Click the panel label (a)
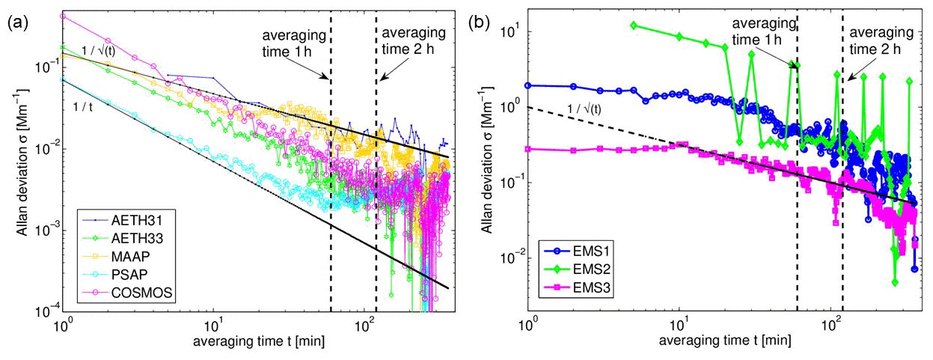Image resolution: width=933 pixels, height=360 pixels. click(16, 22)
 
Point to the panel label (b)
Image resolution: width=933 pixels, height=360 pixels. click(479, 22)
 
